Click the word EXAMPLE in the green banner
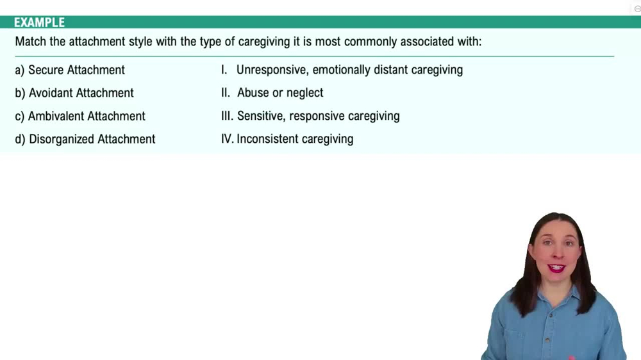coord(39,22)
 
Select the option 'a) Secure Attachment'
coord(70,70)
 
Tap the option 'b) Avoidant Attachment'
coord(74,93)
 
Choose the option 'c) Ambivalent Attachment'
coord(80,116)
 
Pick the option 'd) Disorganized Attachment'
coord(85,139)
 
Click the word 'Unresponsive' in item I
coord(271,70)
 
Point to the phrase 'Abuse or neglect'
coord(280,93)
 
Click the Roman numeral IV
coord(227,139)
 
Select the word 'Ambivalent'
coord(56,116)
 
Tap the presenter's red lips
coord(556,267)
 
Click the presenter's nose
coord(556,255)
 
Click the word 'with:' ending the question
coord(467,42)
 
